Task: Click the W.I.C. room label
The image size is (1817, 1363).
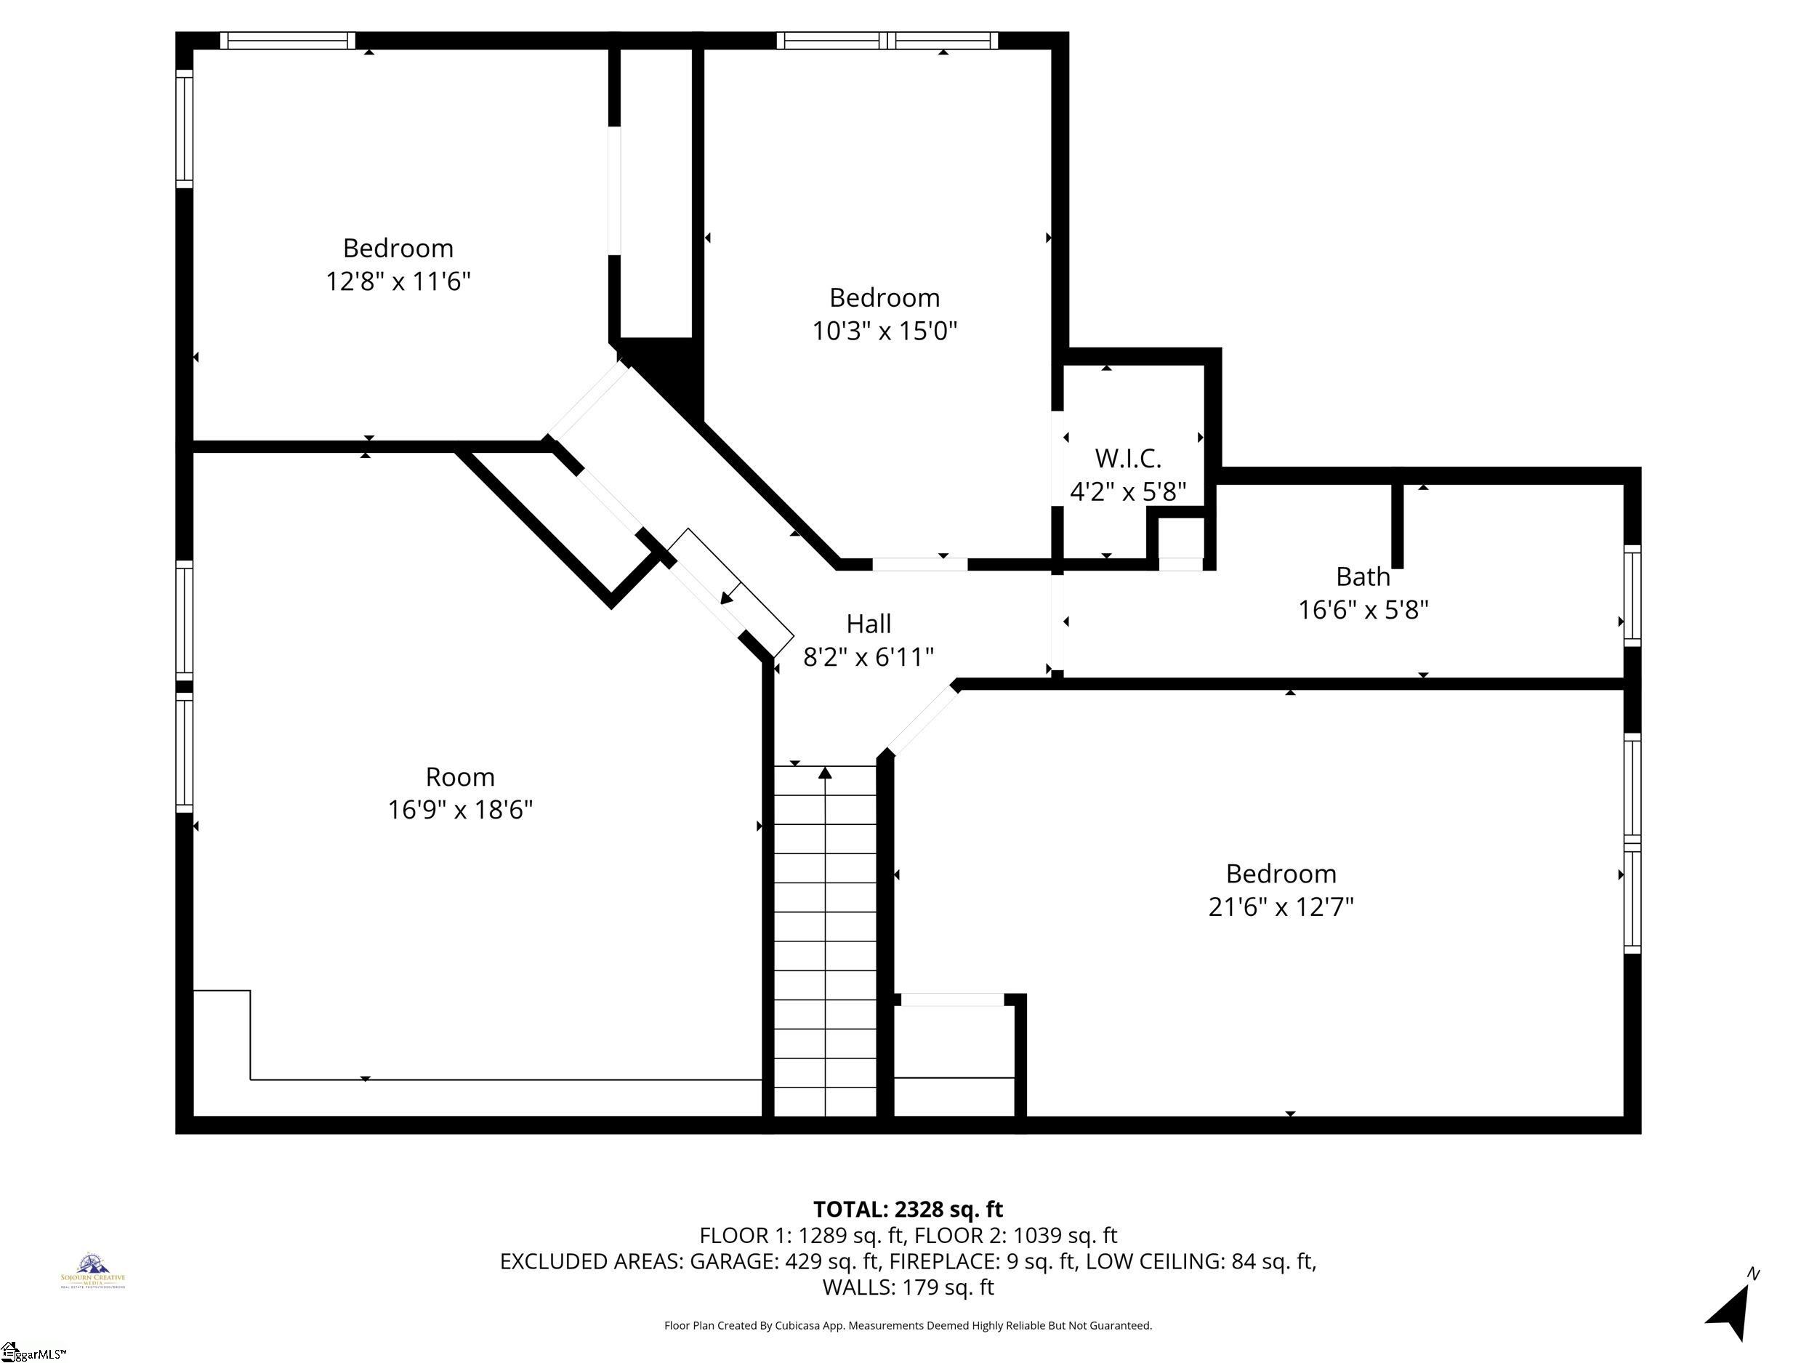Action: pyautogui.click(x=1127, y=458)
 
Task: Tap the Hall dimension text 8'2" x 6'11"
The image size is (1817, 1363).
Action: pyautogui.click(x=869, y=657)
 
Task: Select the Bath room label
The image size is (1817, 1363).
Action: pyautogui.click(x=1362, y=576)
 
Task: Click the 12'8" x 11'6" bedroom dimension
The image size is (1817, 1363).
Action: pyautogui.click(x=398, y=282)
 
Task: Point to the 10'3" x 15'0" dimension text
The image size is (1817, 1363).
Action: pyautogui.click(x=884, y=331)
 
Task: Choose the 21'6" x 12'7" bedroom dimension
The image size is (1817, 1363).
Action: pyautogui.click(x=1280, y=907)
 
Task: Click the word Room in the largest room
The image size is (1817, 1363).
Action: pyautogui.click(x=459, y=776)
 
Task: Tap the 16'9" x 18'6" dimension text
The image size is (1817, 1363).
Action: pyautogui.click(x=459, y=810)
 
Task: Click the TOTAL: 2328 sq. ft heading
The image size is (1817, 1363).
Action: pyautogui.click(x=908, y=1210)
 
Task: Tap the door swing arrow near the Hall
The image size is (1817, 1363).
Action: pyautogui.click(x=727, y=598)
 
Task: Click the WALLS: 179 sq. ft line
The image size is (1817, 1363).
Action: pyautogui.click(x=908, y=1287)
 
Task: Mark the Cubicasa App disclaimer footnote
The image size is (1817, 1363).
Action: pyautogui.click(x=908, y=1325)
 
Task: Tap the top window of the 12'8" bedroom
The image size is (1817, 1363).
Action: pyautogui.click(x=288, y=40)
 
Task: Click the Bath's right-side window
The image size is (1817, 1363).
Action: pyautogui.click(x=1632, y=595)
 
